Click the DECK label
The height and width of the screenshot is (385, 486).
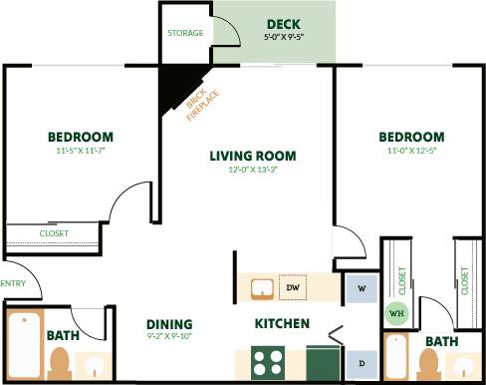pyautogui.click(x=283, y=24)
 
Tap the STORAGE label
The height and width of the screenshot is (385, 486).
pyautogui.click(x=185, y=33)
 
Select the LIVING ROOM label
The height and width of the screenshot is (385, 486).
pyautogui.click(x=252, y=155)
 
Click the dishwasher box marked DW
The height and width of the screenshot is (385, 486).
pyautogui.click(x=293, y=287)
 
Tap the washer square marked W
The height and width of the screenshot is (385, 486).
pyautogui.click(x=361, y=287)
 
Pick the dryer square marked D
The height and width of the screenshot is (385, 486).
pyautogui.click(x=361, y=361)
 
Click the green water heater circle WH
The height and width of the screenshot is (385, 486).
pyautogui.click(x=395, y=313)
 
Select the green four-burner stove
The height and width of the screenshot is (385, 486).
pyautogui.click(x=266, y=361)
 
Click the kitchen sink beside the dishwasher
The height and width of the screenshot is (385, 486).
pyautogui.click(x=262, y=287)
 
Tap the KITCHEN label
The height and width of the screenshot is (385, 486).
pyautogui.click(x=282, y=324)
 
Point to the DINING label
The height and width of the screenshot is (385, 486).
pyautogui.click(x=169, y=324)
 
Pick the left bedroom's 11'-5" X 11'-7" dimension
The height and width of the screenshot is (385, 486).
pyautogui.click(x=80, y=151)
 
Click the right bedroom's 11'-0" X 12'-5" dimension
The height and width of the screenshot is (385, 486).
pyautogui.click(x=410, y=151)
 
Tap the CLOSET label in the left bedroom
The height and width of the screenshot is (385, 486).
pyautogui.click(x=54, y=233)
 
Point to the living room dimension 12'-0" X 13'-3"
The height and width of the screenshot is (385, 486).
pyautogui.click(x=252, y=170)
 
